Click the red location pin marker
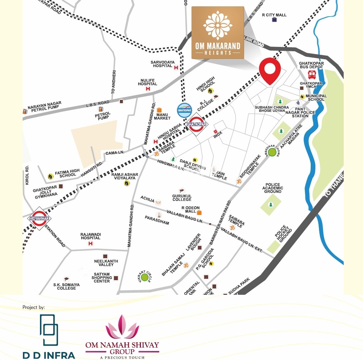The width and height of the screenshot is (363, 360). (270, 70)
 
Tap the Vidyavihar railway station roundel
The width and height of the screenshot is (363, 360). (39, 218)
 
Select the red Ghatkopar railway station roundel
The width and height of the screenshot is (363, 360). (196, 124)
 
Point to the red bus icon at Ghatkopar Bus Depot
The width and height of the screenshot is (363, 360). (312, 75)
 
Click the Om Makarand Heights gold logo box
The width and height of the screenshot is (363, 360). (217, 33)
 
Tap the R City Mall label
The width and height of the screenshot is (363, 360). (274, 15)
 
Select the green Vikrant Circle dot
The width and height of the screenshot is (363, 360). (145, 277)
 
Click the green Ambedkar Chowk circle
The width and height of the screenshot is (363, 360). (272, 152)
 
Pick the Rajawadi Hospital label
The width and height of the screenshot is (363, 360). (90, 236)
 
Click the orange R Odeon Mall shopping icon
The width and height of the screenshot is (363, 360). (199, 212)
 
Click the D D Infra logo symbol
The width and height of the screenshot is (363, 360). (49, 330)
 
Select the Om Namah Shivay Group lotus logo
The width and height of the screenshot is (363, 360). (122, 327)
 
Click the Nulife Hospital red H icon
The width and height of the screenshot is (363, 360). (148, 89)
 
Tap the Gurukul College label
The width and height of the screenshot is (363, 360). (182, 198)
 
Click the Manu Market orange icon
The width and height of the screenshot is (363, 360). (159, 110)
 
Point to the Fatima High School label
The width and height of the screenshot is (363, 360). (67, 173)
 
